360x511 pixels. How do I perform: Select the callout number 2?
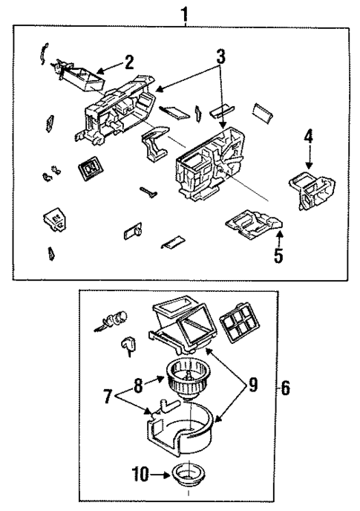click(128, 60)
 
